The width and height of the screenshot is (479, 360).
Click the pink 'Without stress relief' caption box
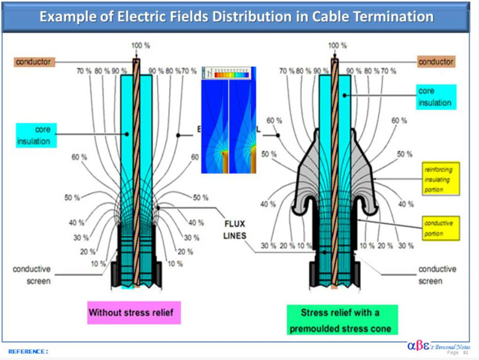pyautogui.click(x=134, y=312)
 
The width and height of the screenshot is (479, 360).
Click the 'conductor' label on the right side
pyautogui.click(x=435, y=62)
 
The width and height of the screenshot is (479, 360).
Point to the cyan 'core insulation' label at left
pyautogui.click(x=36, y=135)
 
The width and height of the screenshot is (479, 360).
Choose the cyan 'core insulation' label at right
pyautogui.click(x=435, y=97)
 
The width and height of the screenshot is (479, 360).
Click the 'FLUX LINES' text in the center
pyautogui.click(x=235, y=229)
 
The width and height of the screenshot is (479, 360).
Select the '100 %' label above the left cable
pyautogui.click(x=140, y=45)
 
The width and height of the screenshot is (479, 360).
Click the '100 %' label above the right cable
pyautogui.click(x=337, y=45)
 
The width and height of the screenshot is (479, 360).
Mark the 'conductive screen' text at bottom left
pyautogui.click(x=31, y=275)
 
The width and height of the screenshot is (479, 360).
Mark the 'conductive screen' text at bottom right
pyautogui.click(x=437, y=275)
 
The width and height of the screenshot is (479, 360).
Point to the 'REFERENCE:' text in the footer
pyautogui.click(x=28, y=351)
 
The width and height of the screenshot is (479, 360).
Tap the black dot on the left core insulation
pyautogui.click(x=127, y=134)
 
